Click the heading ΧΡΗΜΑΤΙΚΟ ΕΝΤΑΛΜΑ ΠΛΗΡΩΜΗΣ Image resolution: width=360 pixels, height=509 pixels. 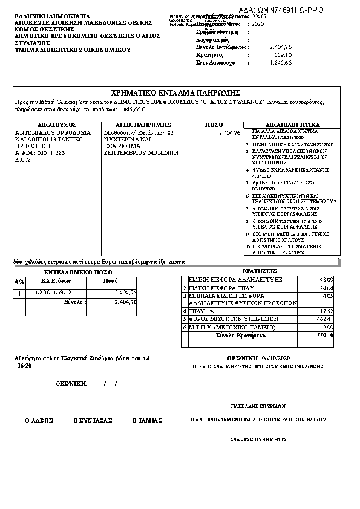pos(172,92)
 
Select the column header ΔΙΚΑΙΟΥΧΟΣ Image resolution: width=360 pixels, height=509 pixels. pos(56,124)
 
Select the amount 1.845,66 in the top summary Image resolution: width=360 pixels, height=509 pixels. pos(280,62)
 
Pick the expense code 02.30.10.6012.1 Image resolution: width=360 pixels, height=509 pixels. pos(56,293)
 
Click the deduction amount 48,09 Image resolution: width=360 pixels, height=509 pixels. pos(326,280)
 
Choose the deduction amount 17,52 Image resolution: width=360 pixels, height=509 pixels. pos(326,311)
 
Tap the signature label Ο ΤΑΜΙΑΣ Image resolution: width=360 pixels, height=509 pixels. pos(148,420)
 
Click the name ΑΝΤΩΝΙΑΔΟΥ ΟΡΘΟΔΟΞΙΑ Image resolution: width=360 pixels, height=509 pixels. pos(53,132)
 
